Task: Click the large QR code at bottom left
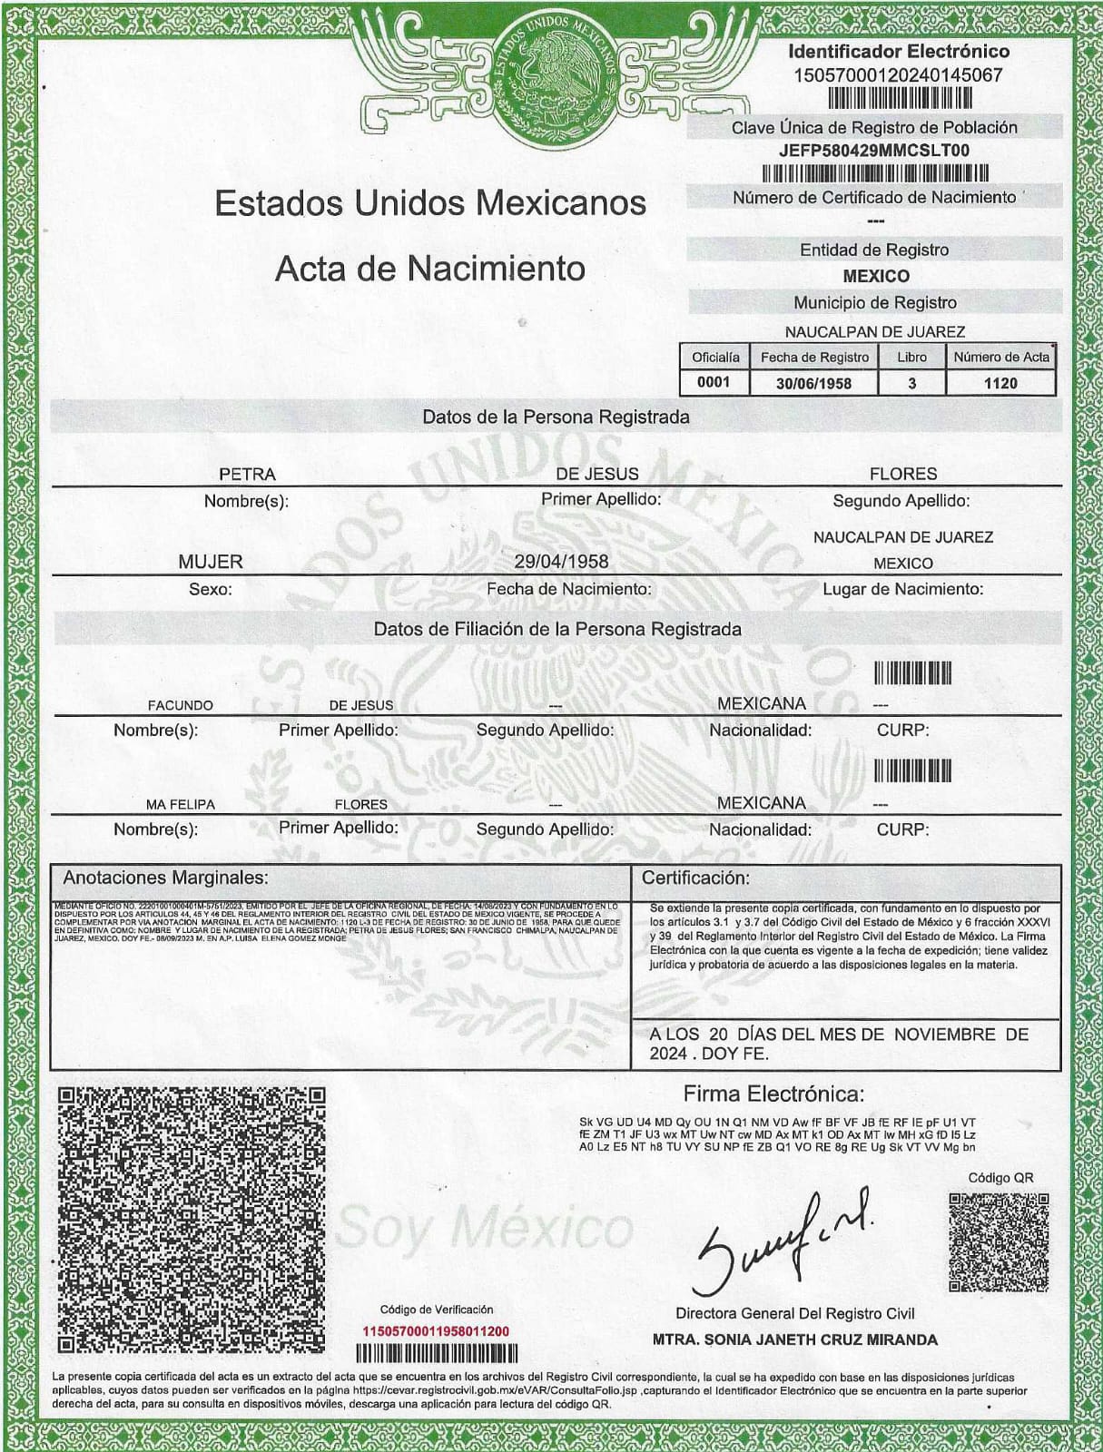[x=191, y=1218]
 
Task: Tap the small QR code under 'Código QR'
[x=999, y=1241]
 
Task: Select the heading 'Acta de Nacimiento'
[x=429, y=269]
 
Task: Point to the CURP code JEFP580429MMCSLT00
[x=873, y=151]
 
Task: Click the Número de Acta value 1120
[x=1000, y=383]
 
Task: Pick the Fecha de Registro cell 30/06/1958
[x=813, y=383]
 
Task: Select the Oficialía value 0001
[x=714, y=382]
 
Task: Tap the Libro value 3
[x=911, y=383]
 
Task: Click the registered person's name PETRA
[x=247, y=475]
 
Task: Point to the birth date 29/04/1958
[x=561, y=562]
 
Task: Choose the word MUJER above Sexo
[x=211, y=562]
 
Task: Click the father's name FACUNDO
[x=181, y=705]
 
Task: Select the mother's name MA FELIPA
[x=180, y=804]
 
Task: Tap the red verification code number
[x=436, y=1331]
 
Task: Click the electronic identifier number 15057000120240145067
[x=898, y=75]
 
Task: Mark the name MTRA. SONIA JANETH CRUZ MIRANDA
[x=794, y=1339]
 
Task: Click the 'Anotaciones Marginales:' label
[x=165, y=878]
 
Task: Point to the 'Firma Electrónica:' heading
[x=773, y=1094]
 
